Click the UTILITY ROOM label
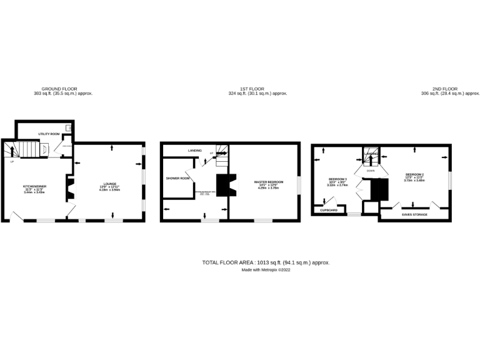pyautogui.click(x=49, y=134)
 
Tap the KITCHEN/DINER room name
pyautogui.click(x=36, y=186)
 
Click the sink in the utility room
pyautogui.click(x=69, y=129)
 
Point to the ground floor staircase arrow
pyautogui.click(x=9, y=150)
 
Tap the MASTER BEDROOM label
pyautogui.click(x=269, y=182)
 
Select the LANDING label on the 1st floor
pyautogui.click(x=194, y=151)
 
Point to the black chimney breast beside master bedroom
pyautogui.click(x=222, y=185)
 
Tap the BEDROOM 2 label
pyautogui.click(x=414, y=174)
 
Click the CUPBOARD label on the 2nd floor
pyautogui.click(x=329, y=210)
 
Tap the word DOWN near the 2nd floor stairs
pyautogui.click(x=370, y=169)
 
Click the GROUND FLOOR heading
pyautogui.click(x=59, y=89)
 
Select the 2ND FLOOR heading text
pyautogui.click(x=444, y=89)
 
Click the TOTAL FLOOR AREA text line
pyautogui.click(x=266, y=262)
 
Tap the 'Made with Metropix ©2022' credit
pyautogui.click(x=266, y=270)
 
